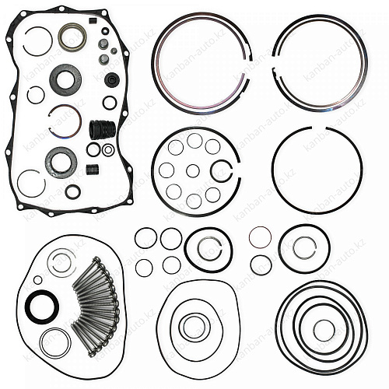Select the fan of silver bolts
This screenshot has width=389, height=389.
[x=96, y=306]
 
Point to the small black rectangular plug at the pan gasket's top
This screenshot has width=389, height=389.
[x=93, y=20]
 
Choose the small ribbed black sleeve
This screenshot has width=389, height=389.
[x=93, y=170]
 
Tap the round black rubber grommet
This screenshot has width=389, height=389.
[x=112, y=80]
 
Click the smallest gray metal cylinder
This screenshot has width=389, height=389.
[x=114, y=51]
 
